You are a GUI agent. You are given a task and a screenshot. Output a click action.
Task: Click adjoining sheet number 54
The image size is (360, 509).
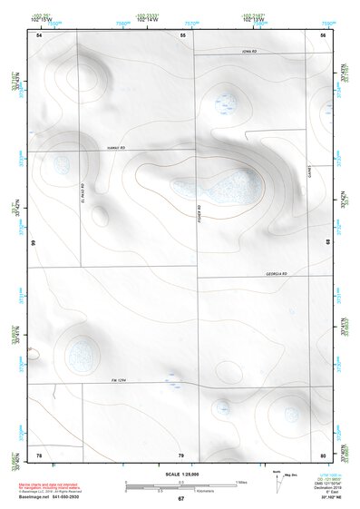tap(39, 34)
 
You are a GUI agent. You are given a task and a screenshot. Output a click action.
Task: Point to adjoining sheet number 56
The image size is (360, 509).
tap(323, 34)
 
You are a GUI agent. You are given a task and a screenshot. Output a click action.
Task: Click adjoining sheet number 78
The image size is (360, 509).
tap(39, 454)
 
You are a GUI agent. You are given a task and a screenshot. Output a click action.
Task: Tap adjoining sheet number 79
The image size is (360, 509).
tap(181, 454)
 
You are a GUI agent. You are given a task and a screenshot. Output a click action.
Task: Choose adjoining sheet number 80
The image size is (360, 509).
tap(323, 454)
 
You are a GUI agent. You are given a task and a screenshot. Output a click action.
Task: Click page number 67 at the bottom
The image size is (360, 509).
tap(181, 499)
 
